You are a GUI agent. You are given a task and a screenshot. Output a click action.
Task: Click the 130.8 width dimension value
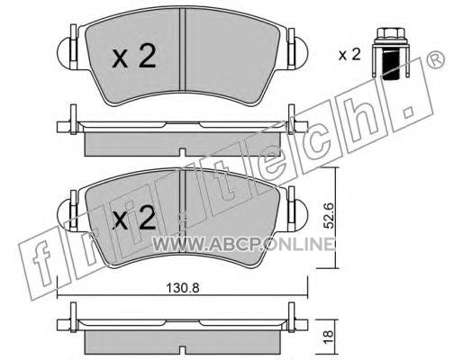(183, 288)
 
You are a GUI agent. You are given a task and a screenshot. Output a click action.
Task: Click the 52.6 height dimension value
(330, 216)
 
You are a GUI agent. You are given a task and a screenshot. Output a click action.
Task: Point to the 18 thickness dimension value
(329, 337)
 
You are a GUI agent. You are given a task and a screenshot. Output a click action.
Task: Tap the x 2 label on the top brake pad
(134, 56)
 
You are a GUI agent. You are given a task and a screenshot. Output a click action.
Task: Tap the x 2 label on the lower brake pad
(134, 218)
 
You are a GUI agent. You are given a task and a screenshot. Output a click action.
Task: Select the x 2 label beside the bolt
(350, 55)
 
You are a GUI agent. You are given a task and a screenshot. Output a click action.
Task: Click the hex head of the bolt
(390, 33)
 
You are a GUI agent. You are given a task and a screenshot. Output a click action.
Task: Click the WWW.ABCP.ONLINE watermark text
(243, 244)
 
